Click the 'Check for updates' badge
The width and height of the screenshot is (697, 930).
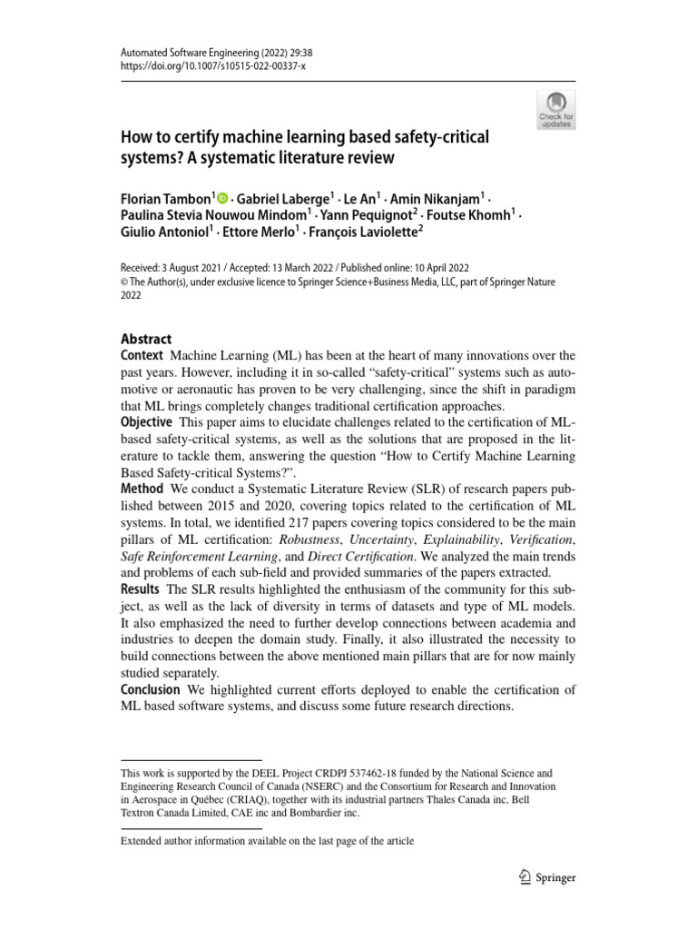click(556, 109)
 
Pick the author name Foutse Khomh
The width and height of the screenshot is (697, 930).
click(482, 216)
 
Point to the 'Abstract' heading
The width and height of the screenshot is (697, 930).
click(146, 339)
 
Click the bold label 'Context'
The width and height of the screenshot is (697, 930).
click(142, 355)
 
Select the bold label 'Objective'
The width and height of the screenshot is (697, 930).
click(146, 423)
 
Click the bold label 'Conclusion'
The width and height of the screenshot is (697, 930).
click(150, 690)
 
